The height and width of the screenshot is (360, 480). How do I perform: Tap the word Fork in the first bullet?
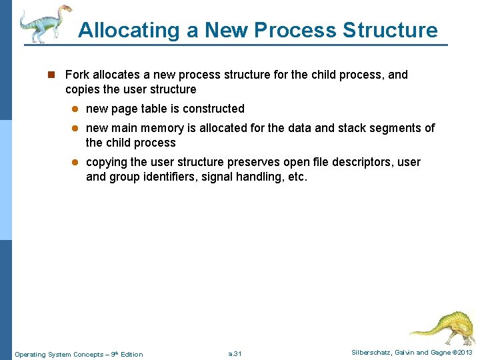77,75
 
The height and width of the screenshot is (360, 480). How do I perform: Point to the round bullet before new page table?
76,109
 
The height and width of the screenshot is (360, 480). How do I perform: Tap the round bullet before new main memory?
76,129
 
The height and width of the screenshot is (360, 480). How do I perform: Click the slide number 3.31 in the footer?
235,353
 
